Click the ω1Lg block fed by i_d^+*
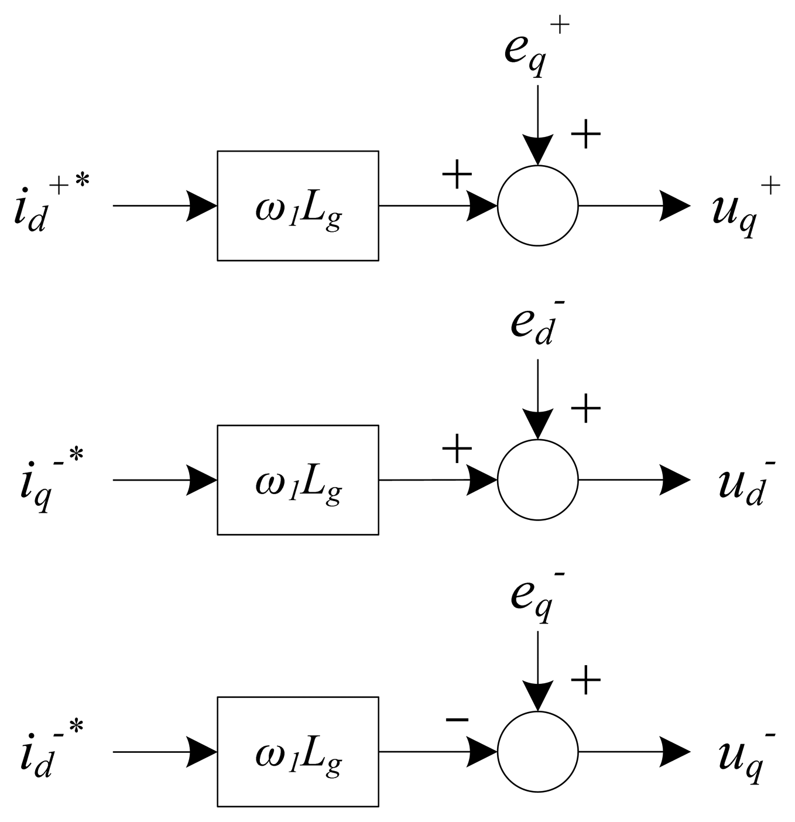pos(297,205)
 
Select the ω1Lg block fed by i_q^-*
pos(297,479)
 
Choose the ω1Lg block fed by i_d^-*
pos(297,752)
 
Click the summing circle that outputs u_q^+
pos(537,205)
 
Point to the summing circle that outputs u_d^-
pos(537,479)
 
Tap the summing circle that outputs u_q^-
pos(537,752)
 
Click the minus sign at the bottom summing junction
pos(457,719)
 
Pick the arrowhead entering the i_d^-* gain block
pos(202,752)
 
